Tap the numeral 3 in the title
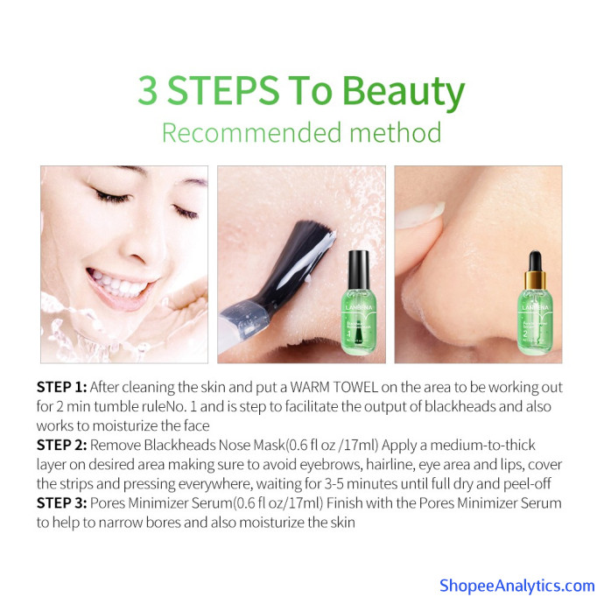click(x=148, y=90)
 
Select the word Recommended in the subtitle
click(x=251, y=132)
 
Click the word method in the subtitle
click(x=395, y=132)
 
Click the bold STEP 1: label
click(x=61, y=387)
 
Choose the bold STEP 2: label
click(x=61, y=445)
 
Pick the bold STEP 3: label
click(x=61, y=502)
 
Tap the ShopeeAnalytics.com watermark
click(x=517, y=586)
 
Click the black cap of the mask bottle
click(x=359, y=270)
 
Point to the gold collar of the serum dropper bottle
click(x=535, y=279)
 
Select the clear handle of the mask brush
click(x=242, y=325)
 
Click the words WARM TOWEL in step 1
click(x=334, y=387)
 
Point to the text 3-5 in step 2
click(x=334, y=483)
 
